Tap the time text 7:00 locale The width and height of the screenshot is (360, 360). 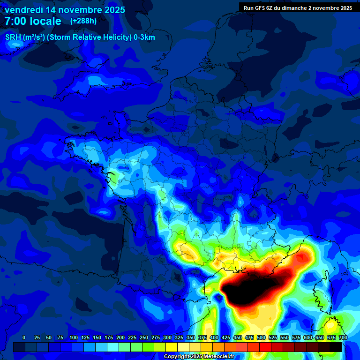33,21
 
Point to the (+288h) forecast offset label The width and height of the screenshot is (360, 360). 83,21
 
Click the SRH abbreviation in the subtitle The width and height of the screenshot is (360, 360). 13,37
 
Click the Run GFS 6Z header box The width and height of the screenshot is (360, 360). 298,7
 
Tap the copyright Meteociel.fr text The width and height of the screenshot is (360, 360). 199,357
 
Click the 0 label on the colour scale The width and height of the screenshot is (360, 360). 24,337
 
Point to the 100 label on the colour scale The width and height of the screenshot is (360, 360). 74,337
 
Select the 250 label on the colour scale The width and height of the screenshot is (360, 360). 144,337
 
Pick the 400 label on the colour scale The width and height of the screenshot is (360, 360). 214,337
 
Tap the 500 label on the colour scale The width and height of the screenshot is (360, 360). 261,337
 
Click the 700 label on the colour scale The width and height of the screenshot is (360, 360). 343,337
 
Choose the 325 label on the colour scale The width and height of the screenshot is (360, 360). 179,337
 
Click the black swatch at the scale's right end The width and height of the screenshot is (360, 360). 336,347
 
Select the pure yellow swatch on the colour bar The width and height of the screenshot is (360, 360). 172,347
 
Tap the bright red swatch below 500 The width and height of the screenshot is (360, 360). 265,347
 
